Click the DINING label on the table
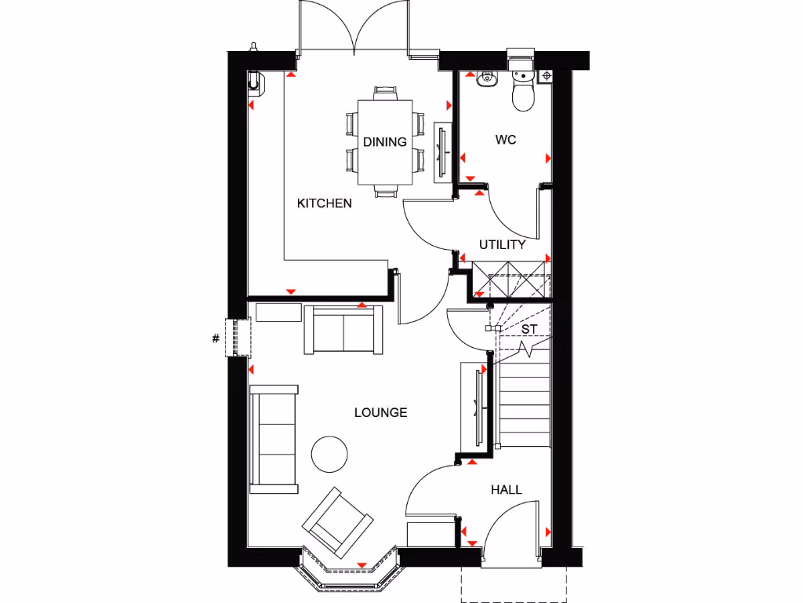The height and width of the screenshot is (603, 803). (x=385, y=142)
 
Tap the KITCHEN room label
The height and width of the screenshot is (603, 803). (x=324, y=203)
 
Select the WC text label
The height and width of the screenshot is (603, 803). (x=506, y=140)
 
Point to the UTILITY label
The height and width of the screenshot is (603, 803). (x=503, y=244)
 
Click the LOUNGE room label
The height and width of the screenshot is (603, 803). (x=380, y=412)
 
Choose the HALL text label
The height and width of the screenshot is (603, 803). (x=506, y=489)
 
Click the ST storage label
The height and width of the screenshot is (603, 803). (x=529, y=329)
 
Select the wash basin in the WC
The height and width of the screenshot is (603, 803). (x=485, y=78)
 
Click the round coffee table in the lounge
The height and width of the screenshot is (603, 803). (x=329, y=453)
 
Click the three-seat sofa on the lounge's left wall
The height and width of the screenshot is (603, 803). (x=274, y=440)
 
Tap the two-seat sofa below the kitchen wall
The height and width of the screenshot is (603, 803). (x=343, y=330)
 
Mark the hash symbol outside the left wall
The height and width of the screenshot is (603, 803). (x=215, y=339)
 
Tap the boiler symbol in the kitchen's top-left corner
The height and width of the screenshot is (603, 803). (x=256, y=80)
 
